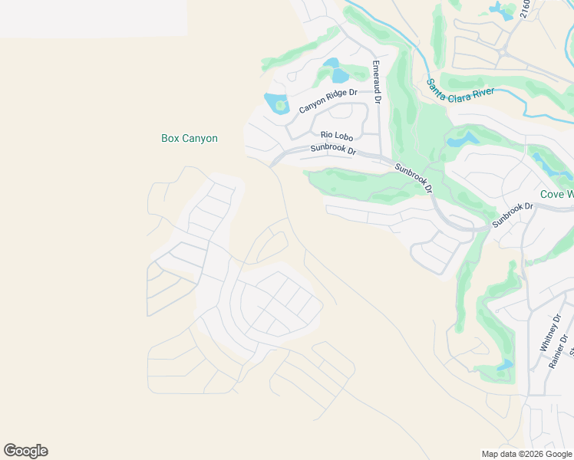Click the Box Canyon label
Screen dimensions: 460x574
(190, 139)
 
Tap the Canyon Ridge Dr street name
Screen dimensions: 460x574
(328, 100)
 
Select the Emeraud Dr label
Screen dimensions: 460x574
(376, 82)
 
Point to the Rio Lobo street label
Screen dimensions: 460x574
(336, 136)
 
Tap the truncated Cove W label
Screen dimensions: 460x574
(556, 194)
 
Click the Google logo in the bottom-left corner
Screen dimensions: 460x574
(25, 451)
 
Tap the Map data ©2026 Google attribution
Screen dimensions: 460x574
(526, 454)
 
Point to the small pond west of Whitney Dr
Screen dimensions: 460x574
(504, 365)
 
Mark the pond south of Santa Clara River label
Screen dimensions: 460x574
(461, 140)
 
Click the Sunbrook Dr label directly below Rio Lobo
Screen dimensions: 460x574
(334, 150)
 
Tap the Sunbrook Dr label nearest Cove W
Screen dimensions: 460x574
(513, 215)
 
